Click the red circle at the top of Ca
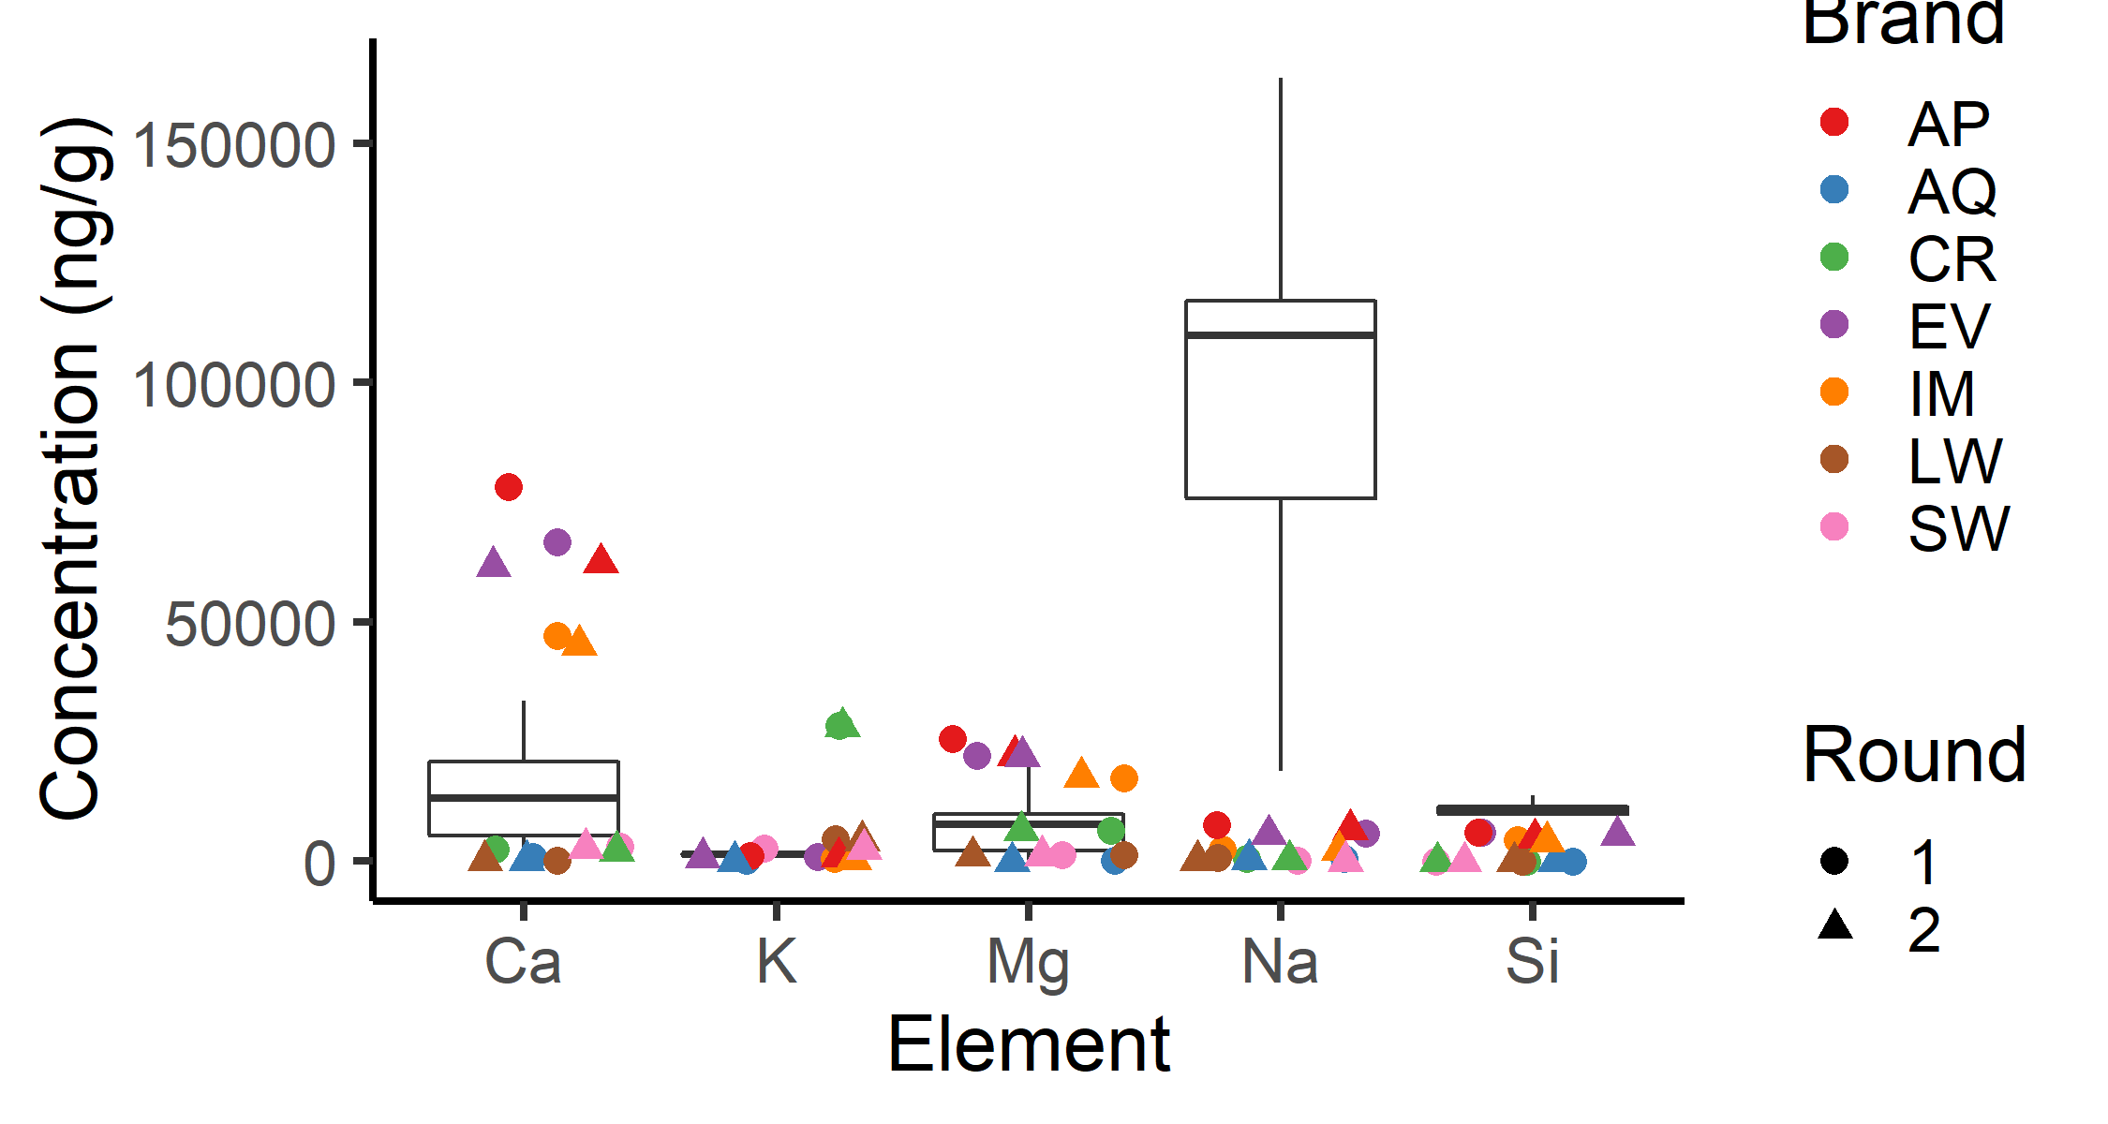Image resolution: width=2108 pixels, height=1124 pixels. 508,487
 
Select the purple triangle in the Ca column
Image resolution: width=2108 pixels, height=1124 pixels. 494,564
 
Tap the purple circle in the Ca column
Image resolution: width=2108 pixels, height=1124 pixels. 557,542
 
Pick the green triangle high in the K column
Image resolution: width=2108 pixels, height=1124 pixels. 842,723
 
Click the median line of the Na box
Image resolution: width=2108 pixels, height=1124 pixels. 1281,334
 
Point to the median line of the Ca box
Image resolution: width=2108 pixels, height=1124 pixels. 524,798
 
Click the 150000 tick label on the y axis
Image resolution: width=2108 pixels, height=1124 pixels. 233,145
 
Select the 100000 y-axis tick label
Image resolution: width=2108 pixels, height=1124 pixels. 233,384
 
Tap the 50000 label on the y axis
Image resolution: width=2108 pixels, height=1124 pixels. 249,624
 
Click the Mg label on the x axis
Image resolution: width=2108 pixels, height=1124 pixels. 1028,962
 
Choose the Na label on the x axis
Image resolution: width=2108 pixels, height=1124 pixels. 1280,962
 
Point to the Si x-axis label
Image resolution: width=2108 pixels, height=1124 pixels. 1532,962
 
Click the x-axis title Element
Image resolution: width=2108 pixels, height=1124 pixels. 1028,1044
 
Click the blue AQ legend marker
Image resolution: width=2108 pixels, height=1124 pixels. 1834,190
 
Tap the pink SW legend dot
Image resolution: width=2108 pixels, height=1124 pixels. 1834,527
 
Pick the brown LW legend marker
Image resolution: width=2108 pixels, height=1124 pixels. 1834,460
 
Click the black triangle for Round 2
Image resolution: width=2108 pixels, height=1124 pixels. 1835,926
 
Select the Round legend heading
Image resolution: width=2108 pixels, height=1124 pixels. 1913,755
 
